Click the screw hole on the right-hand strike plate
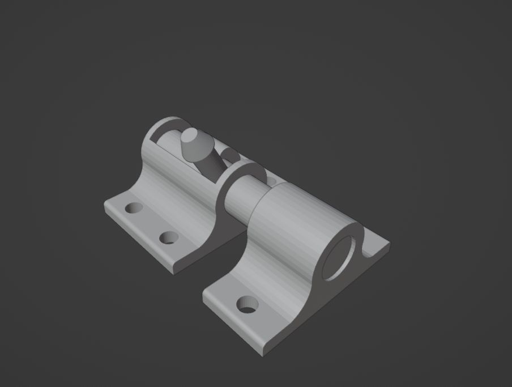point(246,305)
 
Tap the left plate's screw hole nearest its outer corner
point(134,208)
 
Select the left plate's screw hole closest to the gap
point(168,237)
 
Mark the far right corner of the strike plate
point(389,245)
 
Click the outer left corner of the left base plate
point(105,206)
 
